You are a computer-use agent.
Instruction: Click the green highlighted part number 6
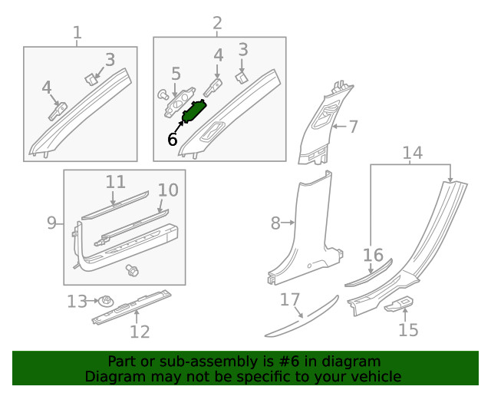[194, 111]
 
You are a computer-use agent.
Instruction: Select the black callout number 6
[172, 139]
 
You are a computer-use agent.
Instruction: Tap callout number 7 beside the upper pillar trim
[353, 127]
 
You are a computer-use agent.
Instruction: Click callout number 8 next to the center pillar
[275, 223]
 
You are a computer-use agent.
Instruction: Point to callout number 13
[77, 302]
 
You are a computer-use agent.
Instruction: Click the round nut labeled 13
[106, 302]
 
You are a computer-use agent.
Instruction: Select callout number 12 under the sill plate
[140, 332]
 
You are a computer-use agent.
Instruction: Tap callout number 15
[408, 330]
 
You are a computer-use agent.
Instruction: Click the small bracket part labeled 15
[399, 304]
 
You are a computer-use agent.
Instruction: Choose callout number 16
[373, 255]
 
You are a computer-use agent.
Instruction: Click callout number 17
[290, 299]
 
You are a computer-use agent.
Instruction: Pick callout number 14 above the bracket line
[413, 153]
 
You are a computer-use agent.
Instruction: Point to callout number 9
[51, 223]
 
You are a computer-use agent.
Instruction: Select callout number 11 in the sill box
[116, 182]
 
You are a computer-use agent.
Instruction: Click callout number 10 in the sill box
[168, 190]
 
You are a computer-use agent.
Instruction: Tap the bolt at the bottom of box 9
[132, 270]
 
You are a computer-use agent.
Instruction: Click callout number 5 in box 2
[176, 74]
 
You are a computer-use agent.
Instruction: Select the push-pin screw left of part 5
[163, 94]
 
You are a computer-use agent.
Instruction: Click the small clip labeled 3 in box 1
[91, 79]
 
